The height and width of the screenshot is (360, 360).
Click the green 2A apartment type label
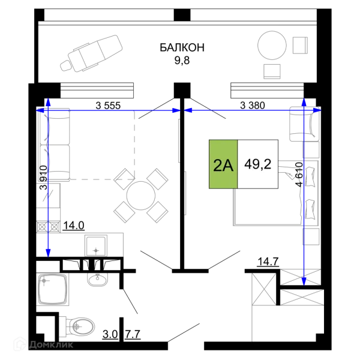click(x=223, y=164)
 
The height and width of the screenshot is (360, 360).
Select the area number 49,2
click(x=259, y=164)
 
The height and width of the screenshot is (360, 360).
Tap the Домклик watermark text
click(x=52, y=344)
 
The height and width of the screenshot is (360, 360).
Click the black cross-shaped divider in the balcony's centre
click(x=182, y=49)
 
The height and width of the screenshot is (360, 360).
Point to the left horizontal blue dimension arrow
click(x=108, y=110)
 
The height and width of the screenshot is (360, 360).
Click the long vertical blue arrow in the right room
click(x=305, y=192)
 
